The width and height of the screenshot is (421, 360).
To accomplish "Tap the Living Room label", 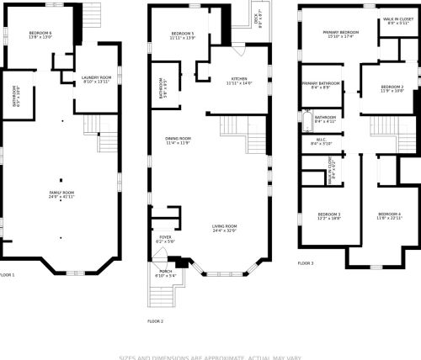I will pyautogui.click(x=224, y=228).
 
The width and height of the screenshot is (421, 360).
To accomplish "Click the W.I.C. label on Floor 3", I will pyautogui.click(x=321, y=142).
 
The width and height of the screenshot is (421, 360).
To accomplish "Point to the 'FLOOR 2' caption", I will pyautogui.click(x=155, y=321).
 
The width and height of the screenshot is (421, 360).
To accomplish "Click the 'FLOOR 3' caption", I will pyautogui.click(x=306, y=263).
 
